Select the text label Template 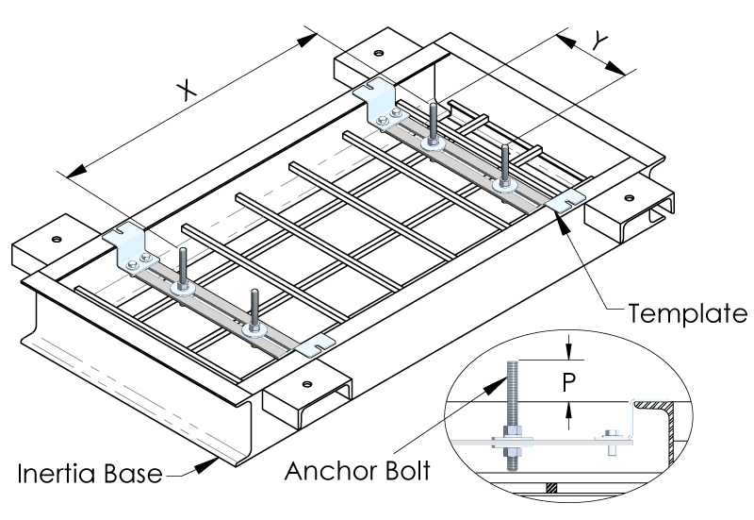click(x=687, y=310)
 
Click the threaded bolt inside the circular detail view click(x=514, y=415)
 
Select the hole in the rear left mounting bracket click(x=378, y=52)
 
